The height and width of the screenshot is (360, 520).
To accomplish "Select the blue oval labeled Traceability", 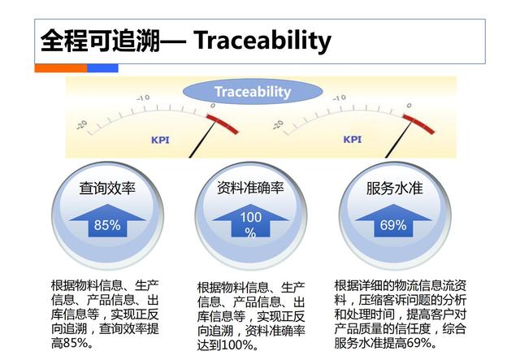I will (x=252, y=92).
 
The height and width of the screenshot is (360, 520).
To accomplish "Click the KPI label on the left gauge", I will (x=160, y=139).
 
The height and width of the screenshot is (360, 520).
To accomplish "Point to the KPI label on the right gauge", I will (x=352, y=139).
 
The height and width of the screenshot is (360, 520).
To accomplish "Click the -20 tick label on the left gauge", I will (x=82, y=124).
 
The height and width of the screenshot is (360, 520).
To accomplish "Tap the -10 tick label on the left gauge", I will (x=143, y=98).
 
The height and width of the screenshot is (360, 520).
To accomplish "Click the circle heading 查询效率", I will (x=107, y=189).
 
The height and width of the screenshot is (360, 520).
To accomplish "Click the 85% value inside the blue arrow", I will (x=107, y=225).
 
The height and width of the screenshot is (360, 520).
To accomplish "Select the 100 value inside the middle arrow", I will (x=250, y=217).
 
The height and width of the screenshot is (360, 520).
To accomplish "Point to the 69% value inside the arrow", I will (x=394, y=225).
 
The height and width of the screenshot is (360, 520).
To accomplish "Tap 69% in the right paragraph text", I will (x=436, y=344).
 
